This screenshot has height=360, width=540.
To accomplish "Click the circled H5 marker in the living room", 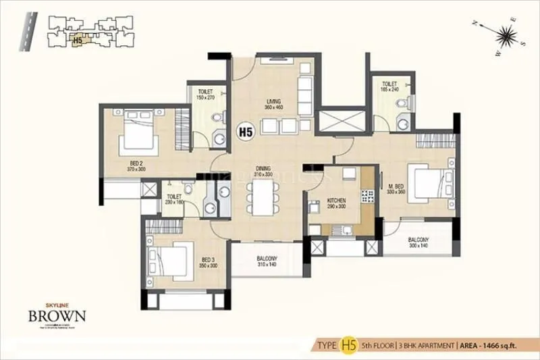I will pos(245,133).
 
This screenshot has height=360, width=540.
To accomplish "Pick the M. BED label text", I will pos(396,188).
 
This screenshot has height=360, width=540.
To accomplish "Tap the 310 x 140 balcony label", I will pos(267,261).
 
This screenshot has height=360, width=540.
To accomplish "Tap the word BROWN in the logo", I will pos(57,315).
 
